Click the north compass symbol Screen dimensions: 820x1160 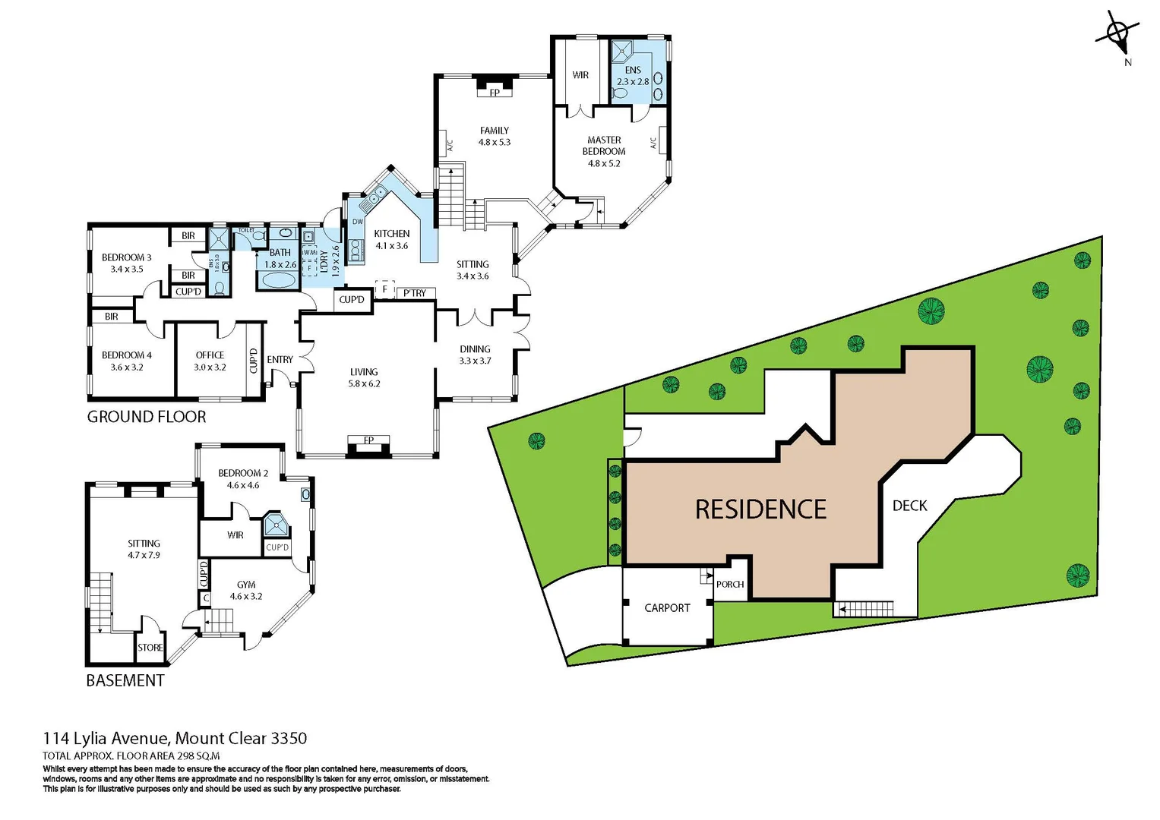tap(1117, 34)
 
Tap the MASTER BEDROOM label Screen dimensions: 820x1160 tap(604, 146)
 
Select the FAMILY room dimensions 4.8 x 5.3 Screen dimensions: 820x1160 tap(495, 142)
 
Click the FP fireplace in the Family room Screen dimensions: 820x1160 tap(495, 93)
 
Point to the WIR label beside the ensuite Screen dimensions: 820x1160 tap(580, 75)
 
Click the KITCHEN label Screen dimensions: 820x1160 tap(392, 234)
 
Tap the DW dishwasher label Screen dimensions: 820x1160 tap(357, 222)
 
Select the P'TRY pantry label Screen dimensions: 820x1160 tap(415, 293)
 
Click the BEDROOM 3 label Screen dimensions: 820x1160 tap(127, 257)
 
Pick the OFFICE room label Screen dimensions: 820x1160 tap(210, 355)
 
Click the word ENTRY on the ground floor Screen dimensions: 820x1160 tap(280, 359)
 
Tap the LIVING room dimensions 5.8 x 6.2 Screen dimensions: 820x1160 tap(364, 383)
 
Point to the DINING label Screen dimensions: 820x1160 tap(475, 349)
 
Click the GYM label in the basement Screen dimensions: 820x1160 tap(246, 585)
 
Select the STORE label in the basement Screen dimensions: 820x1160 tap(150, 648)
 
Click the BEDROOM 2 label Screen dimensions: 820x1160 tap(243, 473)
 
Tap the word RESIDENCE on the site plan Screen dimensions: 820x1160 tap(760, 509)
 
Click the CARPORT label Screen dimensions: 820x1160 tap(667, 608)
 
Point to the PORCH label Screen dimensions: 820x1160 tap(730, 585)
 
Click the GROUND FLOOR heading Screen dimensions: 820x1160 tap(147, 417)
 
